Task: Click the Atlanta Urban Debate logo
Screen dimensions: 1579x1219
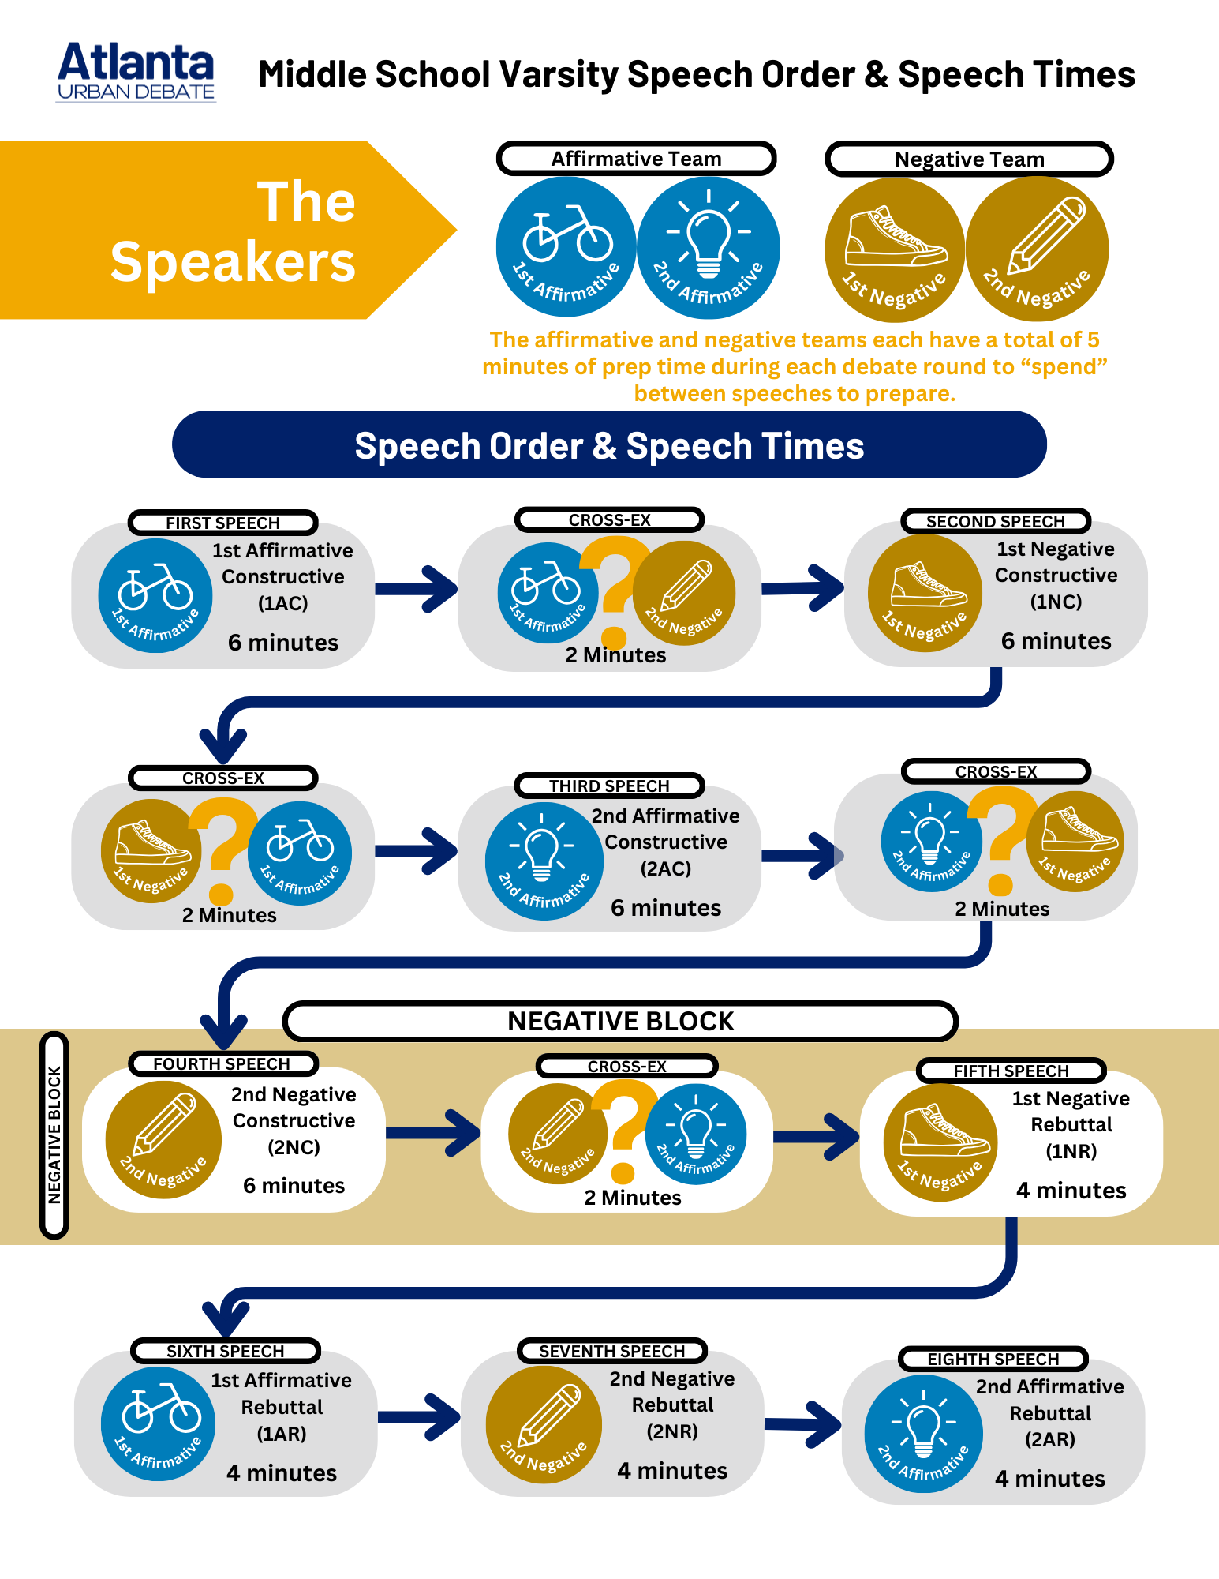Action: [x=136, y=72]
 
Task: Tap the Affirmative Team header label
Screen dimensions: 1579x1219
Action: [x=636, y=159]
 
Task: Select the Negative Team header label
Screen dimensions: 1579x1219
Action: [x=969, y=159]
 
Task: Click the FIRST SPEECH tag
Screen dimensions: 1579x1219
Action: [x=222, y=523]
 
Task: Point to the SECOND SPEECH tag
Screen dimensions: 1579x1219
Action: [x=995, y=521]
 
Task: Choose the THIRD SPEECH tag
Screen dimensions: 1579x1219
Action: [x=609, y=786]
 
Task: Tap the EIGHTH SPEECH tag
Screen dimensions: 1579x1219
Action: [x=993, y=1359]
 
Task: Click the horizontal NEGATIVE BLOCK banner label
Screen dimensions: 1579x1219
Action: [x=620, y=1021]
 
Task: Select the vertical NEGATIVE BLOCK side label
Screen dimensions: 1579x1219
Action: [x=54, y=1135]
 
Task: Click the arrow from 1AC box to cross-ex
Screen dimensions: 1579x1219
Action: [x=417, y=588]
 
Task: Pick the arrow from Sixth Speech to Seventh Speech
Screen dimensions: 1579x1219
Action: [x=419, y=1417]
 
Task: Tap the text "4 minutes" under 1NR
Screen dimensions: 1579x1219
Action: [x=1071, y=1190]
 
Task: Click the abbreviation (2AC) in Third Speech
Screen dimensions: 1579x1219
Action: [x=665, y=868]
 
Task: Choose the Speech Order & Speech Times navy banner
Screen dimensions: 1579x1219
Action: [x=609, y=445]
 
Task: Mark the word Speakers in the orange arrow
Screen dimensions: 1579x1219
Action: [x=233, y=262]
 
